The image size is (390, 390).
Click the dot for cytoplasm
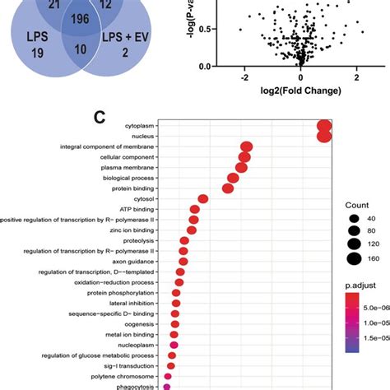[323, 125]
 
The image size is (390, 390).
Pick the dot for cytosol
[202, 198]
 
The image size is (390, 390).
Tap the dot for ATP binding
[195, 210]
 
